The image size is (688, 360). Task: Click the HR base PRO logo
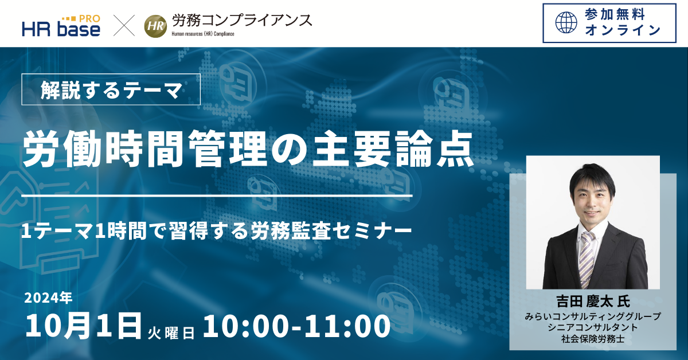[x=61, y=26]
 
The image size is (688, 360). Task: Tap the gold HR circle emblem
[x=156, y=26]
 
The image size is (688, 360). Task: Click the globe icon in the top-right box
[x=566, y=23]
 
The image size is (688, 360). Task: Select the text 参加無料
[x=615, y=15]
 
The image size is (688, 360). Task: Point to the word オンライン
[x=623, y=30]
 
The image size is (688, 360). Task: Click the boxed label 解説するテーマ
[x=111, y=89]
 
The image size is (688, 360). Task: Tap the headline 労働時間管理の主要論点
[x=248, y=148]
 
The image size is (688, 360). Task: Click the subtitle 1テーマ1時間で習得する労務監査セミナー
[x=217, y=231]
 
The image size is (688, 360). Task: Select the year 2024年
[x=48, y=298]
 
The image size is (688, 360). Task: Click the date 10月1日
[x=83, y=326]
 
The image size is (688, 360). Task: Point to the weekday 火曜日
[x=171, y=333]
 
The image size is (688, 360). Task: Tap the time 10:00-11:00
[x=297, y=326]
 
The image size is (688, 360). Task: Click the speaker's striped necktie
[x=586, y=260]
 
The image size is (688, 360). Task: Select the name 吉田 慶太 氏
[x=593, y=302]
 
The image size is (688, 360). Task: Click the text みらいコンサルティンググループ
[x=593, y=316]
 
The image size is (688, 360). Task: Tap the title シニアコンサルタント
[x=593, y=327]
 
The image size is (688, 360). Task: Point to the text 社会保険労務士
[x=593, y=339]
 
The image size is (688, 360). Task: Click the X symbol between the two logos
[x=124, y=25]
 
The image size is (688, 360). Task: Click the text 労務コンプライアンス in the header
[x=242, y=21]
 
